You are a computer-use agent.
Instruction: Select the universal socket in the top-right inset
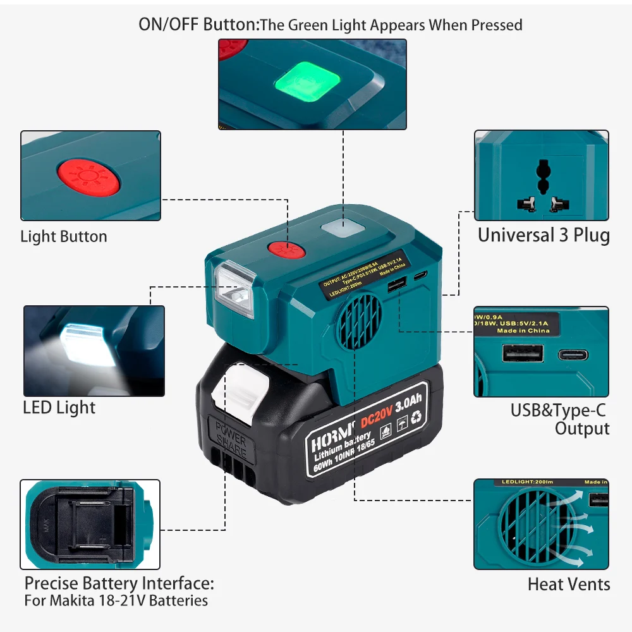541,186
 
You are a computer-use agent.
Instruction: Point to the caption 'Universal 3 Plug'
544,236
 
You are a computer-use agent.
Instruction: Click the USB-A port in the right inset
523,353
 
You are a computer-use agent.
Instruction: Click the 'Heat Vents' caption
569,585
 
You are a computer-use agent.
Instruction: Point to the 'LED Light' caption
59,408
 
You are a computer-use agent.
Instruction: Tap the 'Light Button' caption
64,237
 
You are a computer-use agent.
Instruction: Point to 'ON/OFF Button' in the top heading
197,25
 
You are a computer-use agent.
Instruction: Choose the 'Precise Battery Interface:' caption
119,582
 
